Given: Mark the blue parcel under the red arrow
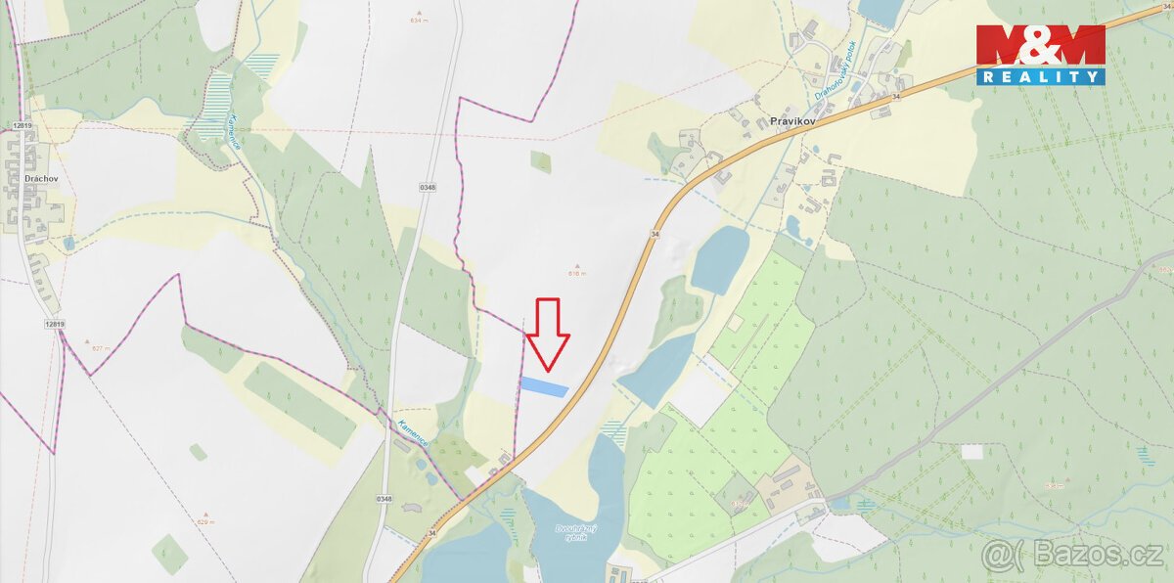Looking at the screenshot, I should pyautogui.click(x=543, y=387).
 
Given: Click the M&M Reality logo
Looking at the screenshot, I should pyautogui.click(x=1041, y=55).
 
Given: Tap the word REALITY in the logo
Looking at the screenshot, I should pyautogui.click(x=1041, y=76).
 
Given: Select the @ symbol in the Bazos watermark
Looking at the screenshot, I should pyautogui.click(x=1002, y=555).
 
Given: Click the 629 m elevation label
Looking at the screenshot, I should pyautogui.click(x=205, y=521).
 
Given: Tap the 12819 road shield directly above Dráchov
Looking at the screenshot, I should pyautogui.click(x=23, y=125).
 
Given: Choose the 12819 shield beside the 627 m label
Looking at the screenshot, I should pyautogui.click(x=55, y=323).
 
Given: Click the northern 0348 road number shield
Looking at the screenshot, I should pyautogui.click(x=427, y=187).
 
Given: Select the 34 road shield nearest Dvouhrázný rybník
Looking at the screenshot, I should pyautogui.click(x=432, y=533).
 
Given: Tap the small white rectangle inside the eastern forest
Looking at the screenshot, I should pyautogui.click(x=971, y=452).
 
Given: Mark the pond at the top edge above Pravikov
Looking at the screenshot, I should pyautogui.click(x=880, y=11).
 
